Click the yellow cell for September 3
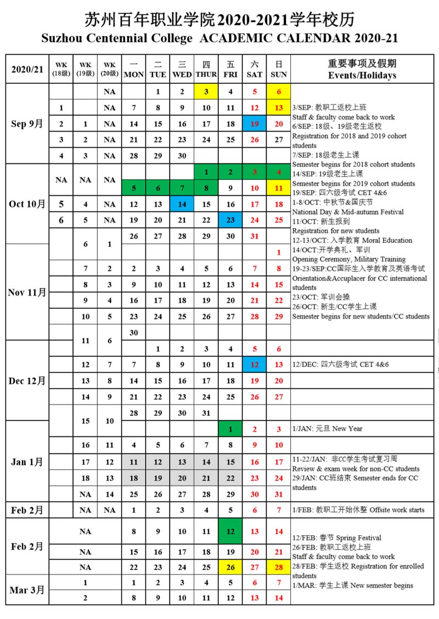pyautogui.click(x=206, y=92)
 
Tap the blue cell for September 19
pyautogui.click(x=255, y=124)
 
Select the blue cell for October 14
pyautogui.click(x=182, y=204)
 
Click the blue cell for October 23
pyautogui.click(x=230, y=220)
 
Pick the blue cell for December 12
pyautogui.click(x=255, y=364)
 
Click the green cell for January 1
pyautogui.click(x=230, y=429)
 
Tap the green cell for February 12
pyautogui.click(x=230, y=531)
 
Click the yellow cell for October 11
pyautogui.click(x=279, y=188)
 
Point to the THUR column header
pyautogui.click(x=206, y=69)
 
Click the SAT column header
pyautogui.click(x=255, y=69)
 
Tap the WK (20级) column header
pyautogui.click(x=110, y=69)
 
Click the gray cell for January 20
pyautogui.click(x=182, y=478)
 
